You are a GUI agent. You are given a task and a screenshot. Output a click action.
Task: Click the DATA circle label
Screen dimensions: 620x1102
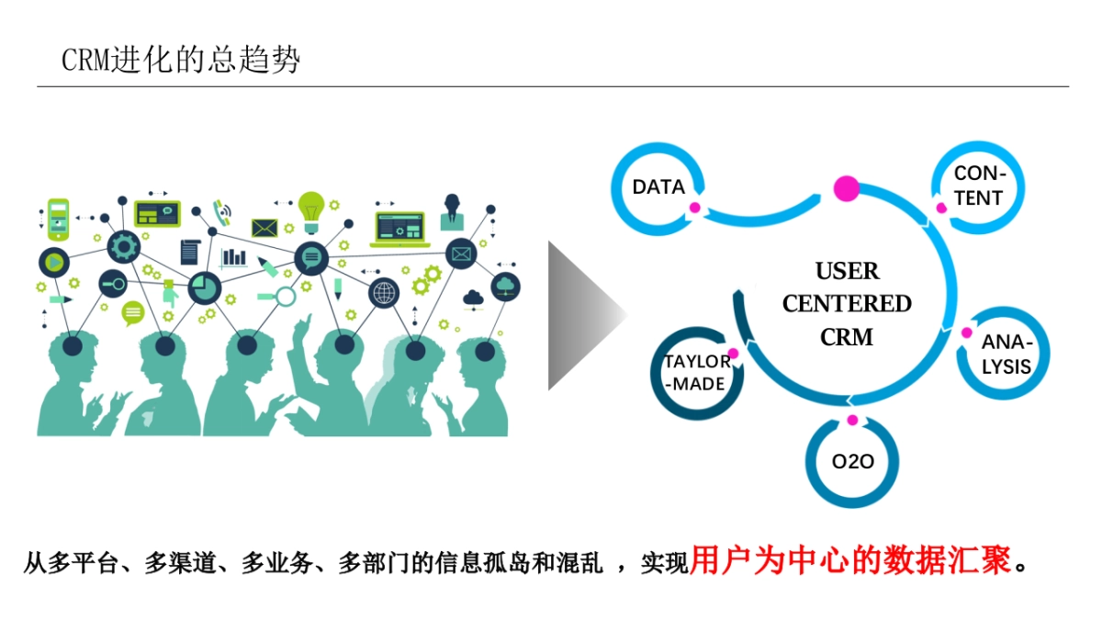click(x=658, y=187)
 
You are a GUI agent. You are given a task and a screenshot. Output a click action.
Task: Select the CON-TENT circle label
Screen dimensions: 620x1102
click(x=979, y=186)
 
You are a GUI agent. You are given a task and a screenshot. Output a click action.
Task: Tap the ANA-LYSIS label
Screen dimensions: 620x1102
click(x=1006, y=355)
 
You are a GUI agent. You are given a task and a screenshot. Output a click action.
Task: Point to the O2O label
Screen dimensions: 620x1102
click(x=852, y=462)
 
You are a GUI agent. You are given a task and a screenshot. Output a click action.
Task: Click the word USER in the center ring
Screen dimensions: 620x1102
click(x=847, y=272)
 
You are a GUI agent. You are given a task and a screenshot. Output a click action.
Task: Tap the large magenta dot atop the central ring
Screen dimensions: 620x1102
click(x=846, y=189)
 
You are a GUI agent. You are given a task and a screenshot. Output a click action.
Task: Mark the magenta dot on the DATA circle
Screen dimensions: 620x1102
click(x=695, y=208)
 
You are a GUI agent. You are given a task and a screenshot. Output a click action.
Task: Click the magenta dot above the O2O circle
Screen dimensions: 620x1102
click(x=852, y=420)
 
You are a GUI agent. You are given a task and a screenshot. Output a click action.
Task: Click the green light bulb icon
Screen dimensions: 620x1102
click(x=311, y=209)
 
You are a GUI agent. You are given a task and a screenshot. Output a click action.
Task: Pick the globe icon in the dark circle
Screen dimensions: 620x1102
click(x=384, y=294)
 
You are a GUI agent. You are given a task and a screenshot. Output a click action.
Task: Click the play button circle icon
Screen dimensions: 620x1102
click(x=54, y=263)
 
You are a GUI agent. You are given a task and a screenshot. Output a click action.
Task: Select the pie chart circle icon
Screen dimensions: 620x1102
click(x=204, y=287)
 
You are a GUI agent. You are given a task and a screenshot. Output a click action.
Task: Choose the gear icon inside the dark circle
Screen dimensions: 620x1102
click(x=122, y=246)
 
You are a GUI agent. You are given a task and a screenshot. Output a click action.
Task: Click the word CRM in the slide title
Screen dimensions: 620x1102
click(x=84, y=61)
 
